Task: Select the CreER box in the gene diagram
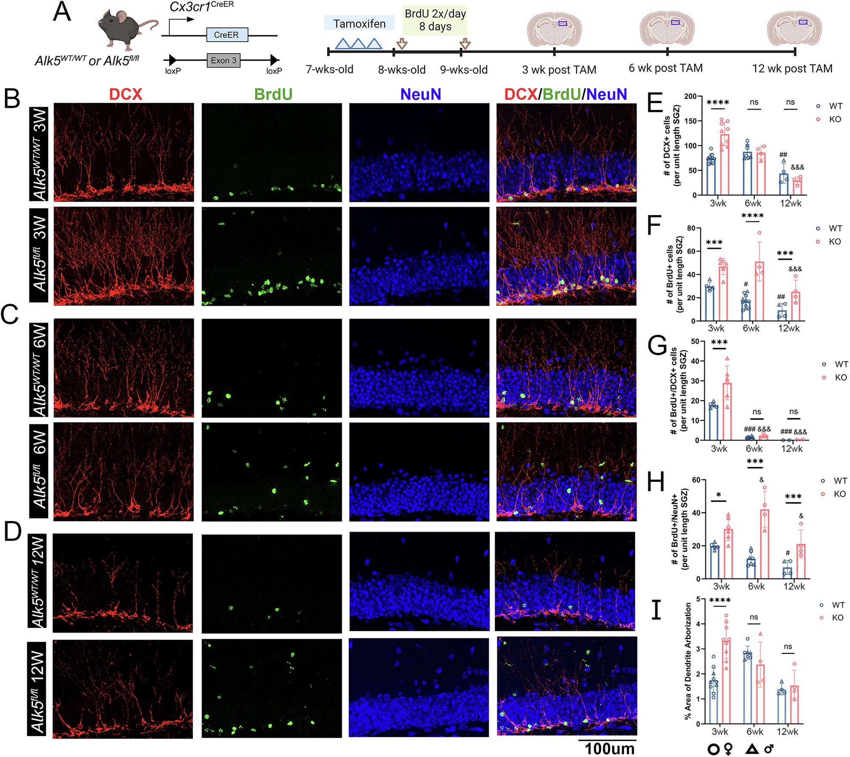[227, 35]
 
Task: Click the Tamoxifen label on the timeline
[359, 24]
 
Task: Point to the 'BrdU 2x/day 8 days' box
[435, 20]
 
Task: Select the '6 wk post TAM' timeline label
[666, 68]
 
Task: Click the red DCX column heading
[125, 94]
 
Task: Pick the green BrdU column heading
[273, 94]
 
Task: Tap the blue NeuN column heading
[420, 94]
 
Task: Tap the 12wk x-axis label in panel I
[787, 732]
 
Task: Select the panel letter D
[13, 531]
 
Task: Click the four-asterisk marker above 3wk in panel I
[720, 600]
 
